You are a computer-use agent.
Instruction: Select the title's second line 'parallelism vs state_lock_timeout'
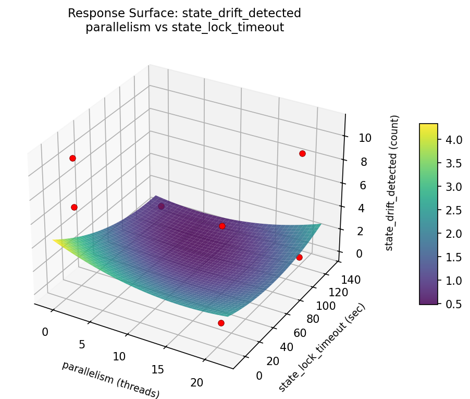coord(184,27)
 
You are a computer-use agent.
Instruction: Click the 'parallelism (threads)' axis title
coord(110,379)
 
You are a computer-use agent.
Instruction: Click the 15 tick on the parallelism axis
coord(157,369)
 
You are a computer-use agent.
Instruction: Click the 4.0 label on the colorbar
coord(454,140)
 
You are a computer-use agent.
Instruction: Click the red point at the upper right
coord(302,153)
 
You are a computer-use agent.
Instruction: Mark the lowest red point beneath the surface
coord(221,323)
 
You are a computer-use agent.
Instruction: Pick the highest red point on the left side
coord(72,158)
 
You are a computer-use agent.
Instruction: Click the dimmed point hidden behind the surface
coord(162,207)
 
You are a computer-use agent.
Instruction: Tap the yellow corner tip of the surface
coord(54,240)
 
